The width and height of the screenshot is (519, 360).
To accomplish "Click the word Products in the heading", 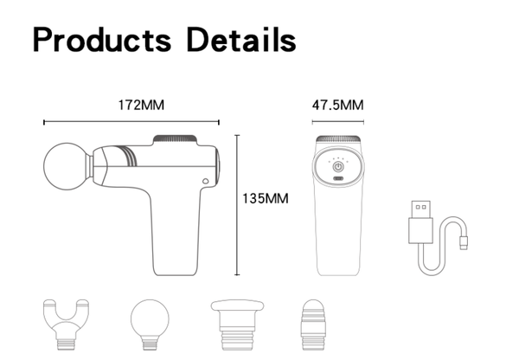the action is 102,40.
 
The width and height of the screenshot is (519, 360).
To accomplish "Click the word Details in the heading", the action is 241,40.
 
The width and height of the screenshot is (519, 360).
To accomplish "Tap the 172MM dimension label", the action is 141,105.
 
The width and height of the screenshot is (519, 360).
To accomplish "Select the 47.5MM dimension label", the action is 337,105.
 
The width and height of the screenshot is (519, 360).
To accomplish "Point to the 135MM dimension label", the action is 266,198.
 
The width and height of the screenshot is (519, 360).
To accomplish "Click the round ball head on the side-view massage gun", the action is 67,166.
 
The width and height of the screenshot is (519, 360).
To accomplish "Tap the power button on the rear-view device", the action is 338,167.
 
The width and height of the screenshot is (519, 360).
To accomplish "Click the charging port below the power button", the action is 338,178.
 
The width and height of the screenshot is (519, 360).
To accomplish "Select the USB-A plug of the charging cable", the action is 421,222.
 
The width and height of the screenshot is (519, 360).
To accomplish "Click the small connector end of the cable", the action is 464,243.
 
